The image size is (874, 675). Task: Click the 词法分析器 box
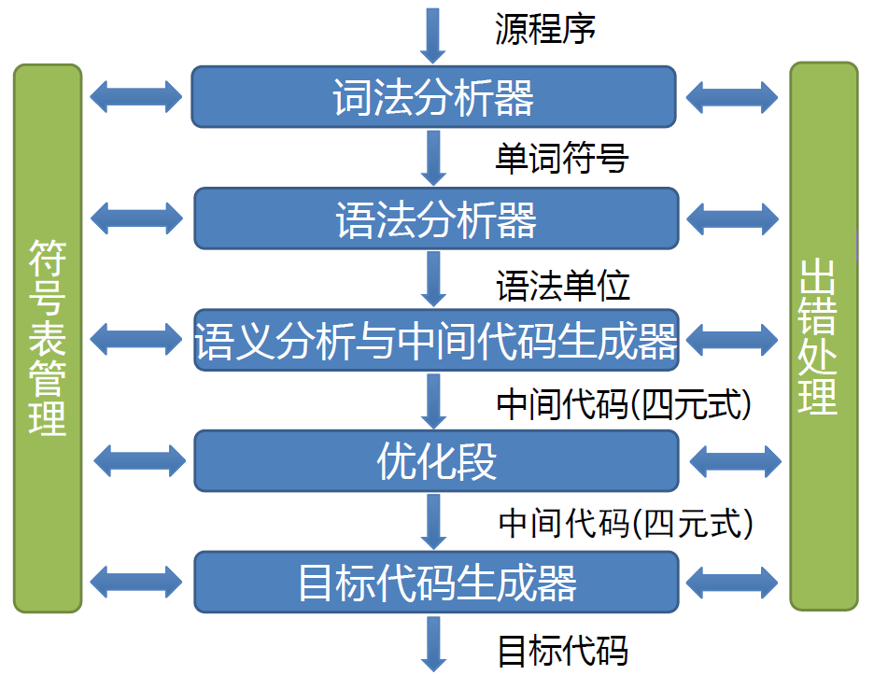(434, 96)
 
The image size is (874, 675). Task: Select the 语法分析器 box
(436, 218)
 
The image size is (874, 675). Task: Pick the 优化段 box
(436, 461)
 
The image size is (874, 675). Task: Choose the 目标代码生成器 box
(436, 582)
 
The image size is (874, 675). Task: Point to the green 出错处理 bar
(823, 336)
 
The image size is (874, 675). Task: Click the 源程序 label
(545, 29)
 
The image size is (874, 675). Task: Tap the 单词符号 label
(561, 158)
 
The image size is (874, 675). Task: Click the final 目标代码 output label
(562, 649)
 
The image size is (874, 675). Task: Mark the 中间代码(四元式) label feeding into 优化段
(624, 402)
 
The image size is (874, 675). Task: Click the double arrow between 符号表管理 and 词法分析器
(136, 95)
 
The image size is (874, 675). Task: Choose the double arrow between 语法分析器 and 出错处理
(732, 218)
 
